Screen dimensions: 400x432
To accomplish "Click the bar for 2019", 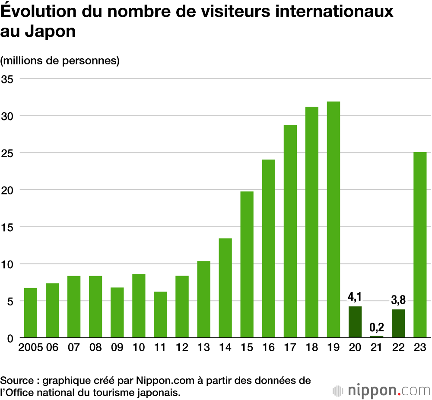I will [333, 219].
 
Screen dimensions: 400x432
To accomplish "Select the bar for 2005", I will [31, 313].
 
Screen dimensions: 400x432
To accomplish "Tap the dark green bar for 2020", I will [355, 322].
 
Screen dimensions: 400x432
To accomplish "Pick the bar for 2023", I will [420, 244].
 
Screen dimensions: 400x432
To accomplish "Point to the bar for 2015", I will [247, 264].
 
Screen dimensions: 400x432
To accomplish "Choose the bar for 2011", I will [160, 314].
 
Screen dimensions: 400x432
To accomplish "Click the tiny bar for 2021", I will [377, 337].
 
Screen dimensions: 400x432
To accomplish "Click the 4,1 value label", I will [355, 297].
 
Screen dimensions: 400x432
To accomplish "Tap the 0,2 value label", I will [377, 327].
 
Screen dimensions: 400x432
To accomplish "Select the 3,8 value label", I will [398, 300].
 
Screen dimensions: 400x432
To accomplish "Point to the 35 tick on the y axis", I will [8, 79].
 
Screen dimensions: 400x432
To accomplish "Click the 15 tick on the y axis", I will [8, 227].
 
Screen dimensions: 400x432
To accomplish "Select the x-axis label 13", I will [203, 348].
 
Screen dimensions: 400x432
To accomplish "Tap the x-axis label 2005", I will [30, 348].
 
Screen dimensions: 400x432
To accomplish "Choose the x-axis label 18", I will [311, 348].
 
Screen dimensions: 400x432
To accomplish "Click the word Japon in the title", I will [49, 32].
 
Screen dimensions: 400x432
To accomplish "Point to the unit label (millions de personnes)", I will [60, 60].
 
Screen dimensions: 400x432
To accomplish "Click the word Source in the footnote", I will [17, 381].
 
